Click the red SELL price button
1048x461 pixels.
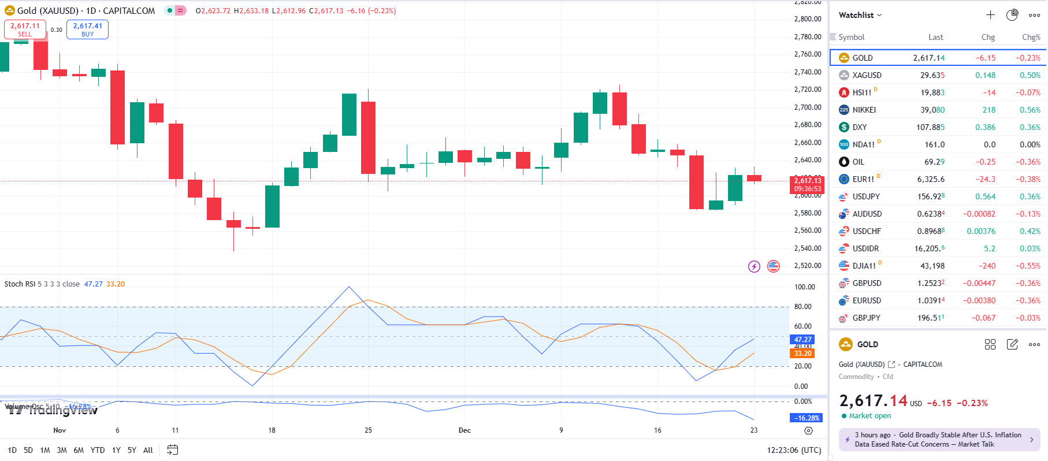(25, 29)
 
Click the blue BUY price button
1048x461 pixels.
(87, 29)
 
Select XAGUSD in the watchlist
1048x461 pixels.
(867, 75)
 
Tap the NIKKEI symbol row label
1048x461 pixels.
(864, 110)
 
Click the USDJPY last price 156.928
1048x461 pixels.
(930, 196)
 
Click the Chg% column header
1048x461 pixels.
(1031, 37)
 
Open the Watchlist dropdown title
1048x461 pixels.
(860, 15)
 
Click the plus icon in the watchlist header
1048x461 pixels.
(990, 15)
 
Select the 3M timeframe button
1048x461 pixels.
(62, 450)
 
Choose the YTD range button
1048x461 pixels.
(98, 450)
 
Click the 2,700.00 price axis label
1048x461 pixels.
(808, 107)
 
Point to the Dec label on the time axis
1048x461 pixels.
(464, 430)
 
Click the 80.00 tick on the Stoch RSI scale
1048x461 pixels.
(803, 307)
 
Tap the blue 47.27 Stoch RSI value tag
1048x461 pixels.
(802, 340)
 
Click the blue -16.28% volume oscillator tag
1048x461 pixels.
(806, 418)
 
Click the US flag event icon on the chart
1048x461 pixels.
(773, 266)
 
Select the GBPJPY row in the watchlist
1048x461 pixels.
(866, 318)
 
